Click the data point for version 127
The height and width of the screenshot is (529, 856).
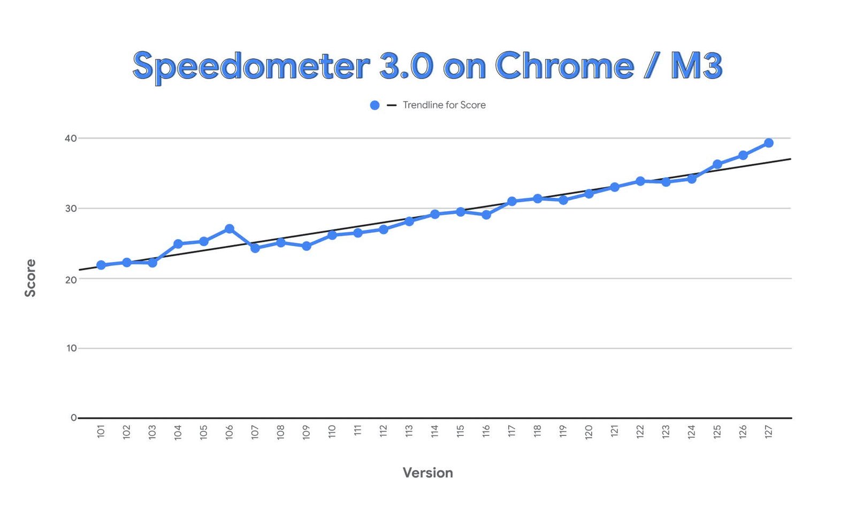pos(768,143)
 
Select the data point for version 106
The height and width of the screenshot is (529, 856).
pos(229,229)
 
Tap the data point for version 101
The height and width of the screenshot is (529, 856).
pos(101,265)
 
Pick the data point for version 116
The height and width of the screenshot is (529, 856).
pos(486,214)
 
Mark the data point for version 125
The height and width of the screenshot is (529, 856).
pos(717,164)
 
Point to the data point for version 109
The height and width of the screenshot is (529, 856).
pos(306,246)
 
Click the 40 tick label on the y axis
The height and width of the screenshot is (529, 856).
pos(71,139)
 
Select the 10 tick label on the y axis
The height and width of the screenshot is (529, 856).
pos(72,348)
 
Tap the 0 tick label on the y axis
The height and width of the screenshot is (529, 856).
pos(74,418)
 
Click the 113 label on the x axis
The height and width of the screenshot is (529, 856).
pos(409,432)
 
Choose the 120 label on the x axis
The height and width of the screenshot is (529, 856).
pos(589,432)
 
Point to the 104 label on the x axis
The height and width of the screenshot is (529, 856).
pos(178,432)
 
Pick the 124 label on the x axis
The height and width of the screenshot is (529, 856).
pos(692,432)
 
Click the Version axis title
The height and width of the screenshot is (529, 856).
pos(427,473)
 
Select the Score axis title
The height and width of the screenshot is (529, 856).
pos(30,278)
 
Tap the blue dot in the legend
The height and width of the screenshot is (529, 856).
pos(374,105)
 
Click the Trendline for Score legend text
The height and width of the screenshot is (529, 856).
pos(444,105)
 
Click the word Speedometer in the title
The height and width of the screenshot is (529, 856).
pos(251,66)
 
